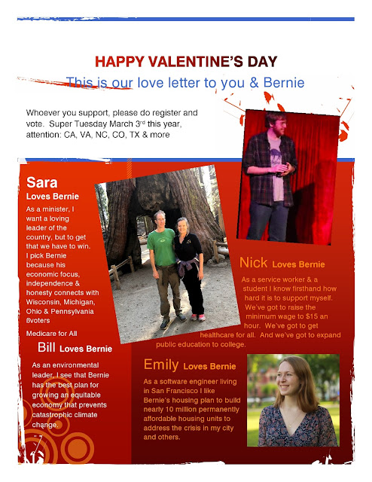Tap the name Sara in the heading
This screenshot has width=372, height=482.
click(x=41, y=182)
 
